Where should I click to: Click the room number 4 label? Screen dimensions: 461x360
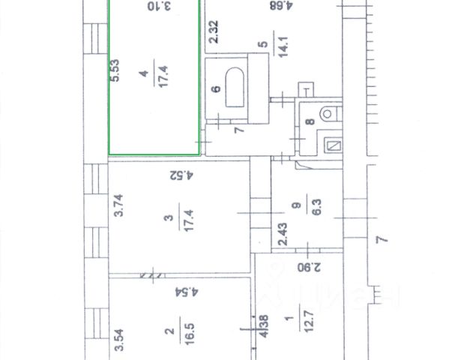tap(144, 73)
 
